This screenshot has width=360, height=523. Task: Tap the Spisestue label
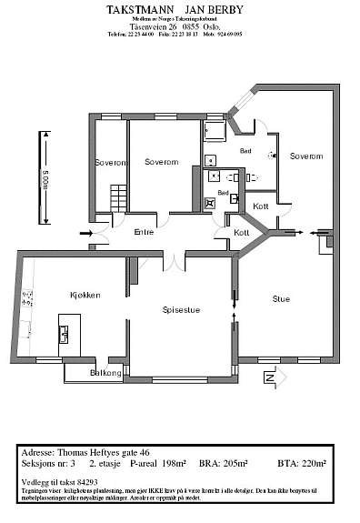point(181,310)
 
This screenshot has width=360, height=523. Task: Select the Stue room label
point(281,297)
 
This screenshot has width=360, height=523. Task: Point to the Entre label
point(145,232)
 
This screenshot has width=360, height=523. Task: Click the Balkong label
point(106,373)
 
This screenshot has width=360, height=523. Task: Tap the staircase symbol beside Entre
point(115,196)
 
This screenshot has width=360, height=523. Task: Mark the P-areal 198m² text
point(158,463)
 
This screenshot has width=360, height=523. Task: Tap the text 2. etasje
point(107,463)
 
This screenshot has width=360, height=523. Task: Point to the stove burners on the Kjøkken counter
point(28,297)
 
